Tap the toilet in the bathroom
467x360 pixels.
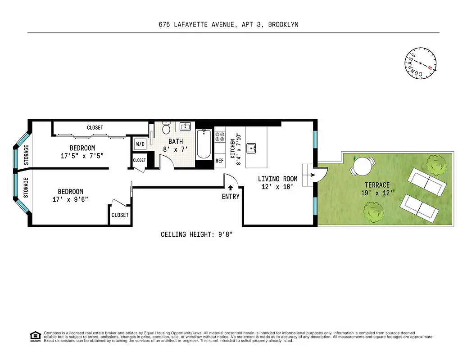(166, 129)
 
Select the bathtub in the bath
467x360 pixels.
(204, 144)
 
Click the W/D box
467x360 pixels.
(140, 144)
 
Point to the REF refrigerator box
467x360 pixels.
(219, 161)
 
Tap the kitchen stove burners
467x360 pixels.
(220, 137)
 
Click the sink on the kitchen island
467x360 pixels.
(253, 147)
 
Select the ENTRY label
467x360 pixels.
(231, 197)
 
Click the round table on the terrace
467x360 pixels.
(363, 167)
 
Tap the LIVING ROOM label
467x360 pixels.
(277, 179)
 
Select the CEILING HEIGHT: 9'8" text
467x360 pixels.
(197, 234)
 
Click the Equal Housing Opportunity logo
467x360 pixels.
(35, 336)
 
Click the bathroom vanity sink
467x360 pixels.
(185, 126)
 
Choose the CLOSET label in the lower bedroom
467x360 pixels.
(120, 215)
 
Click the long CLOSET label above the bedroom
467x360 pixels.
(95, 128)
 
